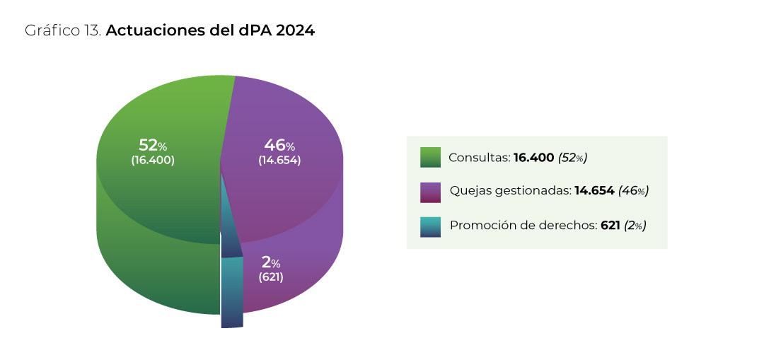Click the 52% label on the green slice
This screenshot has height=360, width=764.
pos(153,146)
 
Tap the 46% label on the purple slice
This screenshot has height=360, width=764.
pos(279,146)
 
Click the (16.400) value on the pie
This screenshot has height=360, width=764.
pos(153,161)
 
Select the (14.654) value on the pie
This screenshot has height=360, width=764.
pos(279,161)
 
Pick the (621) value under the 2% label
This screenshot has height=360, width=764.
pos(271,277)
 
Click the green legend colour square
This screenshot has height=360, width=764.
pos(430,157)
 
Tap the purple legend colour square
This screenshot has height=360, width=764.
pos(430,192)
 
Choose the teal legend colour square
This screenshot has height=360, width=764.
pos(430,226)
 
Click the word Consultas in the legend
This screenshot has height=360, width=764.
pos(479,158)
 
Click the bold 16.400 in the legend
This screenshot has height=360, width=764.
pos(534,158)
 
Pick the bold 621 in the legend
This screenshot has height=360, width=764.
pos(610,226)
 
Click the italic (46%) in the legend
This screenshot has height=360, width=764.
pos(634,191)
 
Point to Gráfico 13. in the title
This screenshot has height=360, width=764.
pos(63,31)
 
